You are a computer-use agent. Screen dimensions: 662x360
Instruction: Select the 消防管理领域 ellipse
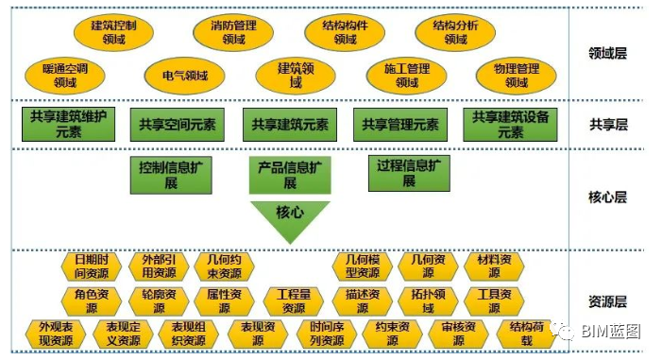click(232, 34)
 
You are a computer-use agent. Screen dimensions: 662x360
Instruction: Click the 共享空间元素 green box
click(177, 124)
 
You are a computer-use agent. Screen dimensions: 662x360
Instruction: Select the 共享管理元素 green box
click(396, 124)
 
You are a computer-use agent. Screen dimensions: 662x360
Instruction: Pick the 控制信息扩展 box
click(171, 174)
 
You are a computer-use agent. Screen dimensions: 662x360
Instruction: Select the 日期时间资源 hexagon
click(91, 266)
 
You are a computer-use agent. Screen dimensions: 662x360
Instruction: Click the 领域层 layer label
click(607, 53)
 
